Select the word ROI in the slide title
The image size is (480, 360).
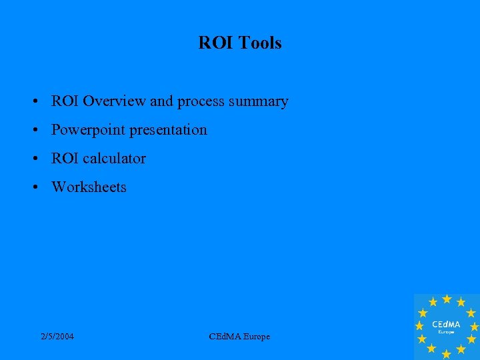click(213, 43)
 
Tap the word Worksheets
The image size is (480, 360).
click(89, 187)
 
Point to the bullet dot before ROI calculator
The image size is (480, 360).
click(33, 159)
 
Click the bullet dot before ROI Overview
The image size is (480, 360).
click(33, 102)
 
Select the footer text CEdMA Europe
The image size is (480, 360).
click(239, 337)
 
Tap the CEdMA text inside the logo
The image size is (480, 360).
click(446, 323)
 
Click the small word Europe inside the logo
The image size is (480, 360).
click(446, 331)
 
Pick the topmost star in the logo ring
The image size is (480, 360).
click(447, 299)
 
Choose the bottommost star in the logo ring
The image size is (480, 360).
click(446, 354)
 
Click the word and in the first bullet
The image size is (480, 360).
click(161, 101)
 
